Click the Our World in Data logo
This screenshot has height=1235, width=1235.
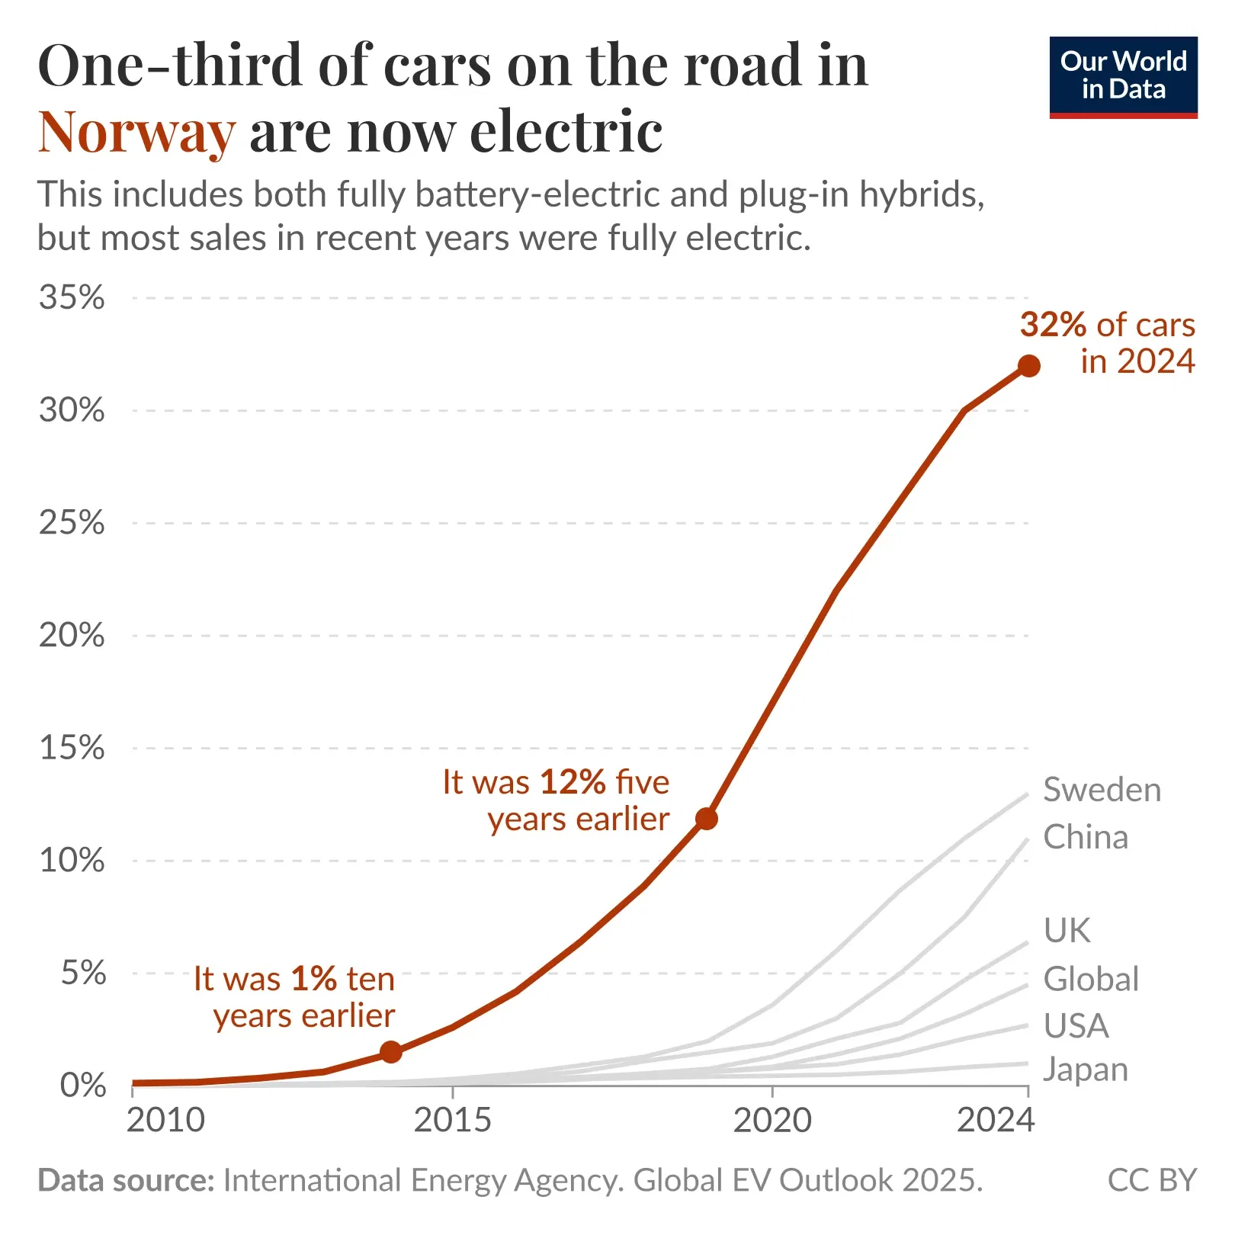tap(1123, 77)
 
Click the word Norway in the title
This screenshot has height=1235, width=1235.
tap(137, 133)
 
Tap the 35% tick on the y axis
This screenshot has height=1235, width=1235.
tap(72, 297)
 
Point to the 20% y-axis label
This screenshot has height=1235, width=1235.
tap(72, 635)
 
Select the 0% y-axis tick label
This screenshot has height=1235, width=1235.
tap(82, 1085)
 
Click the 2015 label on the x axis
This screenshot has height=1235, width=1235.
tap(453, 1120)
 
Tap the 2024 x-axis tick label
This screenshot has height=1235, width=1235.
tap(996, 1120)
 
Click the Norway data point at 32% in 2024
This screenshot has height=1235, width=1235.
tap(1028, 366)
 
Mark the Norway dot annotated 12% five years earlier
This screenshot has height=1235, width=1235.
tap(707, 819)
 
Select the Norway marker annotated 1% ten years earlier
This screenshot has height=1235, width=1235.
tap(390, 1052)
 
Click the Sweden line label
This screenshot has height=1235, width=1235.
tap(1102, 790)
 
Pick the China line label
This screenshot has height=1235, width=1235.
tap(1085, 837)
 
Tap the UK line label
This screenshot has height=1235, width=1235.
tap(1067, 930)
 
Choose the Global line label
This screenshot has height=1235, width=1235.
tap(1091, 979)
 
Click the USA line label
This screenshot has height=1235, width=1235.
tap(1076, 1025)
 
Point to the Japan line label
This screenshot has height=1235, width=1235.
tap(1085, 1070)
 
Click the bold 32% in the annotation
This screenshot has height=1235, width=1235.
tap(1053, 325)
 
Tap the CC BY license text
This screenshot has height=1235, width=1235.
tap(1151, 1180)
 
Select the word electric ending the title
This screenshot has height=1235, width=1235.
tap(566, 133)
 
